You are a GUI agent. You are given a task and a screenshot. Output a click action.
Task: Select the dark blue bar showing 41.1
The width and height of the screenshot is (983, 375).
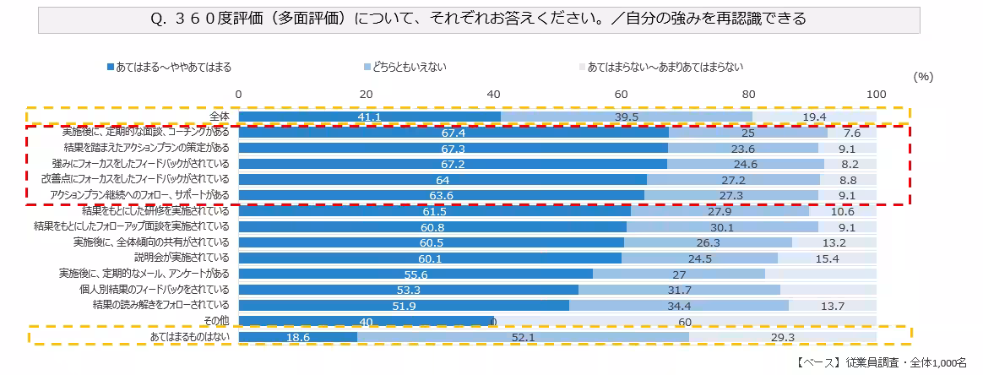[369, 117]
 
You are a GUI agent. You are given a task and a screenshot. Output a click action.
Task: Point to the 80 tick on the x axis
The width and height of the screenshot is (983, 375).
[749, 94]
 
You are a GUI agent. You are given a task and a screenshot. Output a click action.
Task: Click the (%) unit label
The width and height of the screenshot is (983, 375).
[923, 76]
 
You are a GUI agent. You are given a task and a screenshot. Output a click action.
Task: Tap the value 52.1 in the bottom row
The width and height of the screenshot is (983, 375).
[524, 337]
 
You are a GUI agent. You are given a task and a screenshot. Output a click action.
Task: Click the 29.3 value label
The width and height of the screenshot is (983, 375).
[782, 337]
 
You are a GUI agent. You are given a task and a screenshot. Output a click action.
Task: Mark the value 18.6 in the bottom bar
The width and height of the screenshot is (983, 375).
[297, 337]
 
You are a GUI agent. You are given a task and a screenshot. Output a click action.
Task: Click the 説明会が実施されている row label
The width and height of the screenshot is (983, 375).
[182, 258]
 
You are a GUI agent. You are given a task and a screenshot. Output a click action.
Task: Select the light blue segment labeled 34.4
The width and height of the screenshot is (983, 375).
[679, 305]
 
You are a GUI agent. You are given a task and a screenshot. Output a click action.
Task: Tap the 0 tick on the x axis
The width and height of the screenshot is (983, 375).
[239, 94]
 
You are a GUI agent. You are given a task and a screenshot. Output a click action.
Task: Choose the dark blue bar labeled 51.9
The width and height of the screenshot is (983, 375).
[404, 305]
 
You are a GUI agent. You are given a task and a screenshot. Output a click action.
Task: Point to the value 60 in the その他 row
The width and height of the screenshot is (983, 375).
[685, 321]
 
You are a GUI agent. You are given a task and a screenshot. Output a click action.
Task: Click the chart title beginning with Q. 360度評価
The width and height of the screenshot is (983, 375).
[480, 18]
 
